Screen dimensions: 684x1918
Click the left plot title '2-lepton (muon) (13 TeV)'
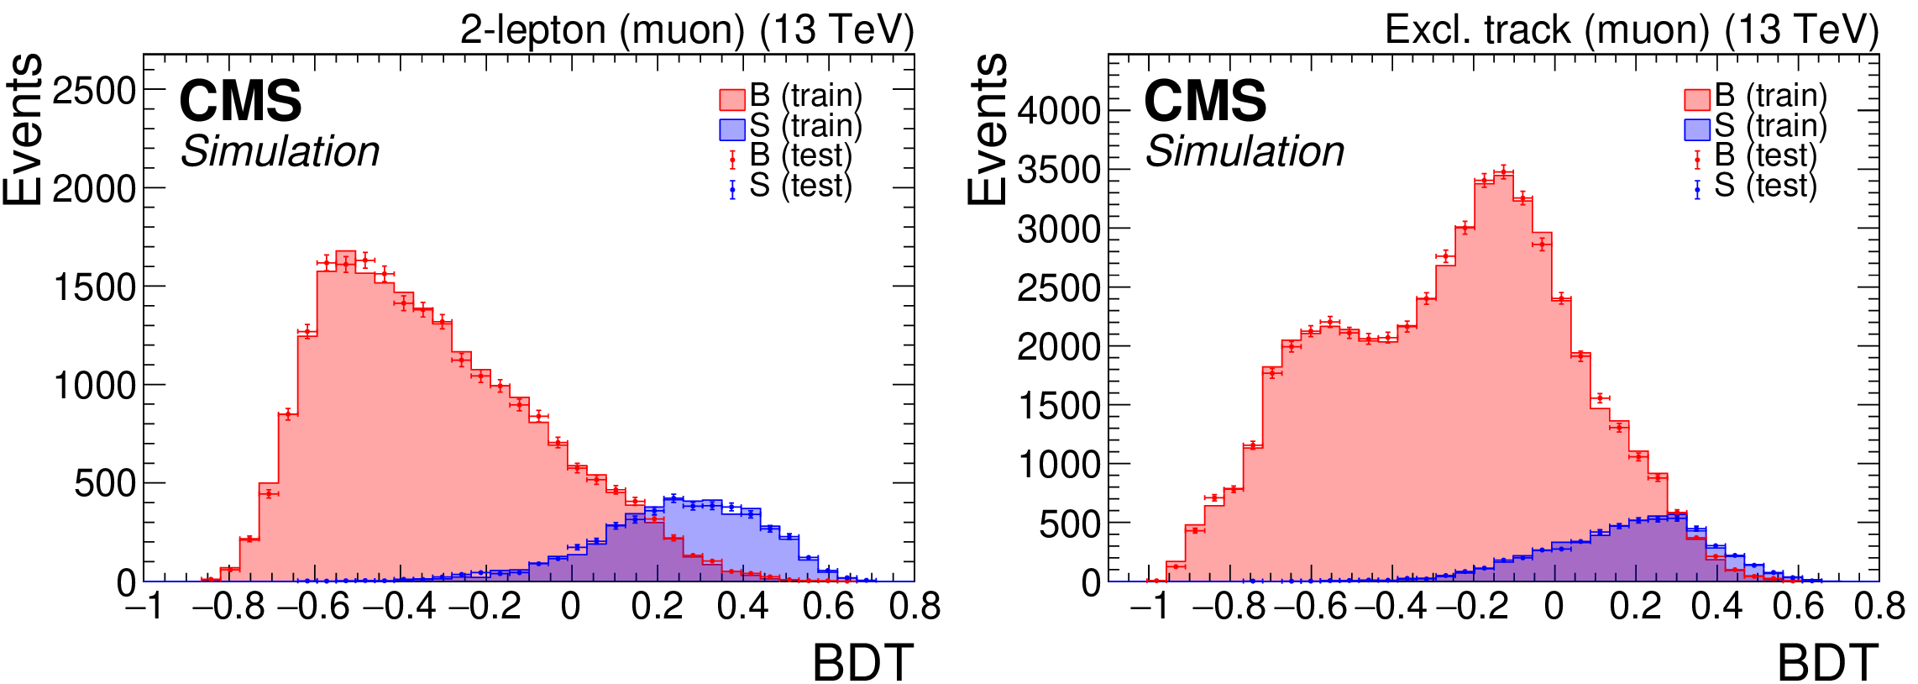point(686,30)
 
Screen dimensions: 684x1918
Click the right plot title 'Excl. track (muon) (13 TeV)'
point(1631,30)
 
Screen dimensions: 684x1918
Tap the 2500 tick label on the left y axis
point(94,91)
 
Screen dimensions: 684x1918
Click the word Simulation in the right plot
point(1245,152)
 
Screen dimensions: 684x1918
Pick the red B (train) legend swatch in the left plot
point(732,99)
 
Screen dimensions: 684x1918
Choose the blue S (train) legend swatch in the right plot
point(1697,129)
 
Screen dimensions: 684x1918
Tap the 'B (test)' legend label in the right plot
point(1765,155)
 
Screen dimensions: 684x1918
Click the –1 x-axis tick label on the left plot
point(144,607)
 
